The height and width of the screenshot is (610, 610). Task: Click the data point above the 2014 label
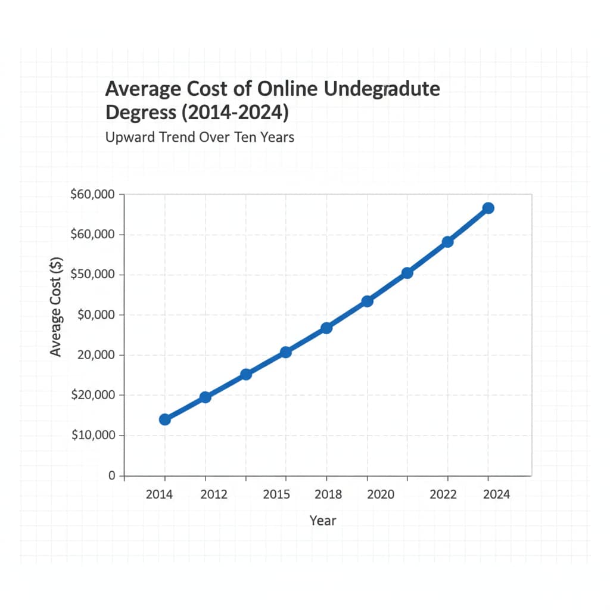coord(165,419)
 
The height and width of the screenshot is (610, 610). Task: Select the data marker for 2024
coord(488,208)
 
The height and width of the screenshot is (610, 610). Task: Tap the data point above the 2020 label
coord(367,301)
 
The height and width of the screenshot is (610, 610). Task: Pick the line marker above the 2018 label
coord(326,328)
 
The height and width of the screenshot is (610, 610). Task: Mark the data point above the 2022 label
coord(448,242)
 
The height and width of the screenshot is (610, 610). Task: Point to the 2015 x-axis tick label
coord(276,495)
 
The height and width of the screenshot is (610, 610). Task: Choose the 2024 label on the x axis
coord(497,495)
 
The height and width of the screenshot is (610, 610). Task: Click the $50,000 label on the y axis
coord(96,275)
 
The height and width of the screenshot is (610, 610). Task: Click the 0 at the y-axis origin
coord(111,476)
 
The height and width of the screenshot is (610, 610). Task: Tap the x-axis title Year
coord(323,521)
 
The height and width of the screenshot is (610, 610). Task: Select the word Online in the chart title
coord(288,89)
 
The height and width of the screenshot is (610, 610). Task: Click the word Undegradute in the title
coord(382,89)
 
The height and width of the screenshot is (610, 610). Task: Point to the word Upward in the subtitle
coord(129,137)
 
